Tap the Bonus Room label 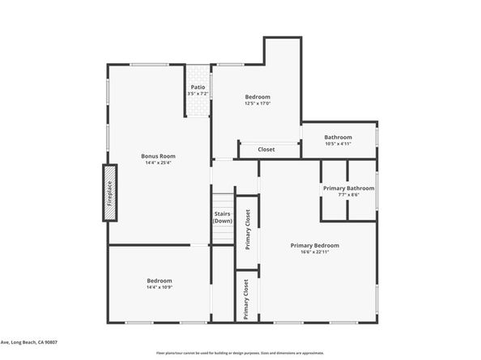[158, 156]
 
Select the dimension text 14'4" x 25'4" [158, 163]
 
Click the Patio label [198, 87]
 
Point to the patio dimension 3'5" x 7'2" [198, 94]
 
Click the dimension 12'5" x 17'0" [258, 104]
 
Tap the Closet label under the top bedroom [266, 150]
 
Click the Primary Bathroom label [348, 188]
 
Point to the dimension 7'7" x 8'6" [348, 195]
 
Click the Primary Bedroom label [315, 245]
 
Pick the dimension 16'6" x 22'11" [315, 252]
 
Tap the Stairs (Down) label [223, 217]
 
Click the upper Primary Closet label [248, 229]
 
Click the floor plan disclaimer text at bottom [240, 354]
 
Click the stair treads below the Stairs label [223, 235]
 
